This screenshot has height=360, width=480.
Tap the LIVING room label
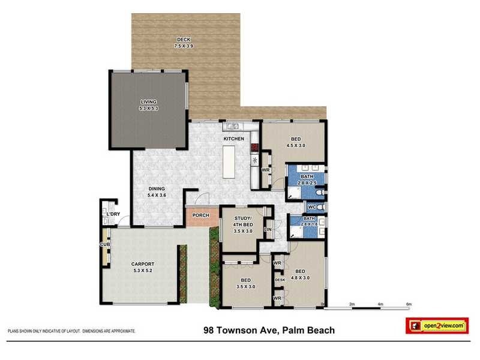tap(148, 105)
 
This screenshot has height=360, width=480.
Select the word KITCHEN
tap(234, 139)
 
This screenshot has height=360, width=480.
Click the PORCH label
tap(200, 215)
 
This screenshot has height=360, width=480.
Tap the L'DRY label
tap(113, 214)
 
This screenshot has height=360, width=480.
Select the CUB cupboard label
tap(104, 244)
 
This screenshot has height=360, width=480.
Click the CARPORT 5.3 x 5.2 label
tap(143, 267)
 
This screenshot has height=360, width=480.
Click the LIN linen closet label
tap(268, 229)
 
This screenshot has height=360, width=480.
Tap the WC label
tap(311, 207)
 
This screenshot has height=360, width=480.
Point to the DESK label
tap(280, 280)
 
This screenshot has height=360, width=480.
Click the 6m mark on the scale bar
tap(409, 305)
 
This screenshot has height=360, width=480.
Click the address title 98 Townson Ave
tap(269, 330)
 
